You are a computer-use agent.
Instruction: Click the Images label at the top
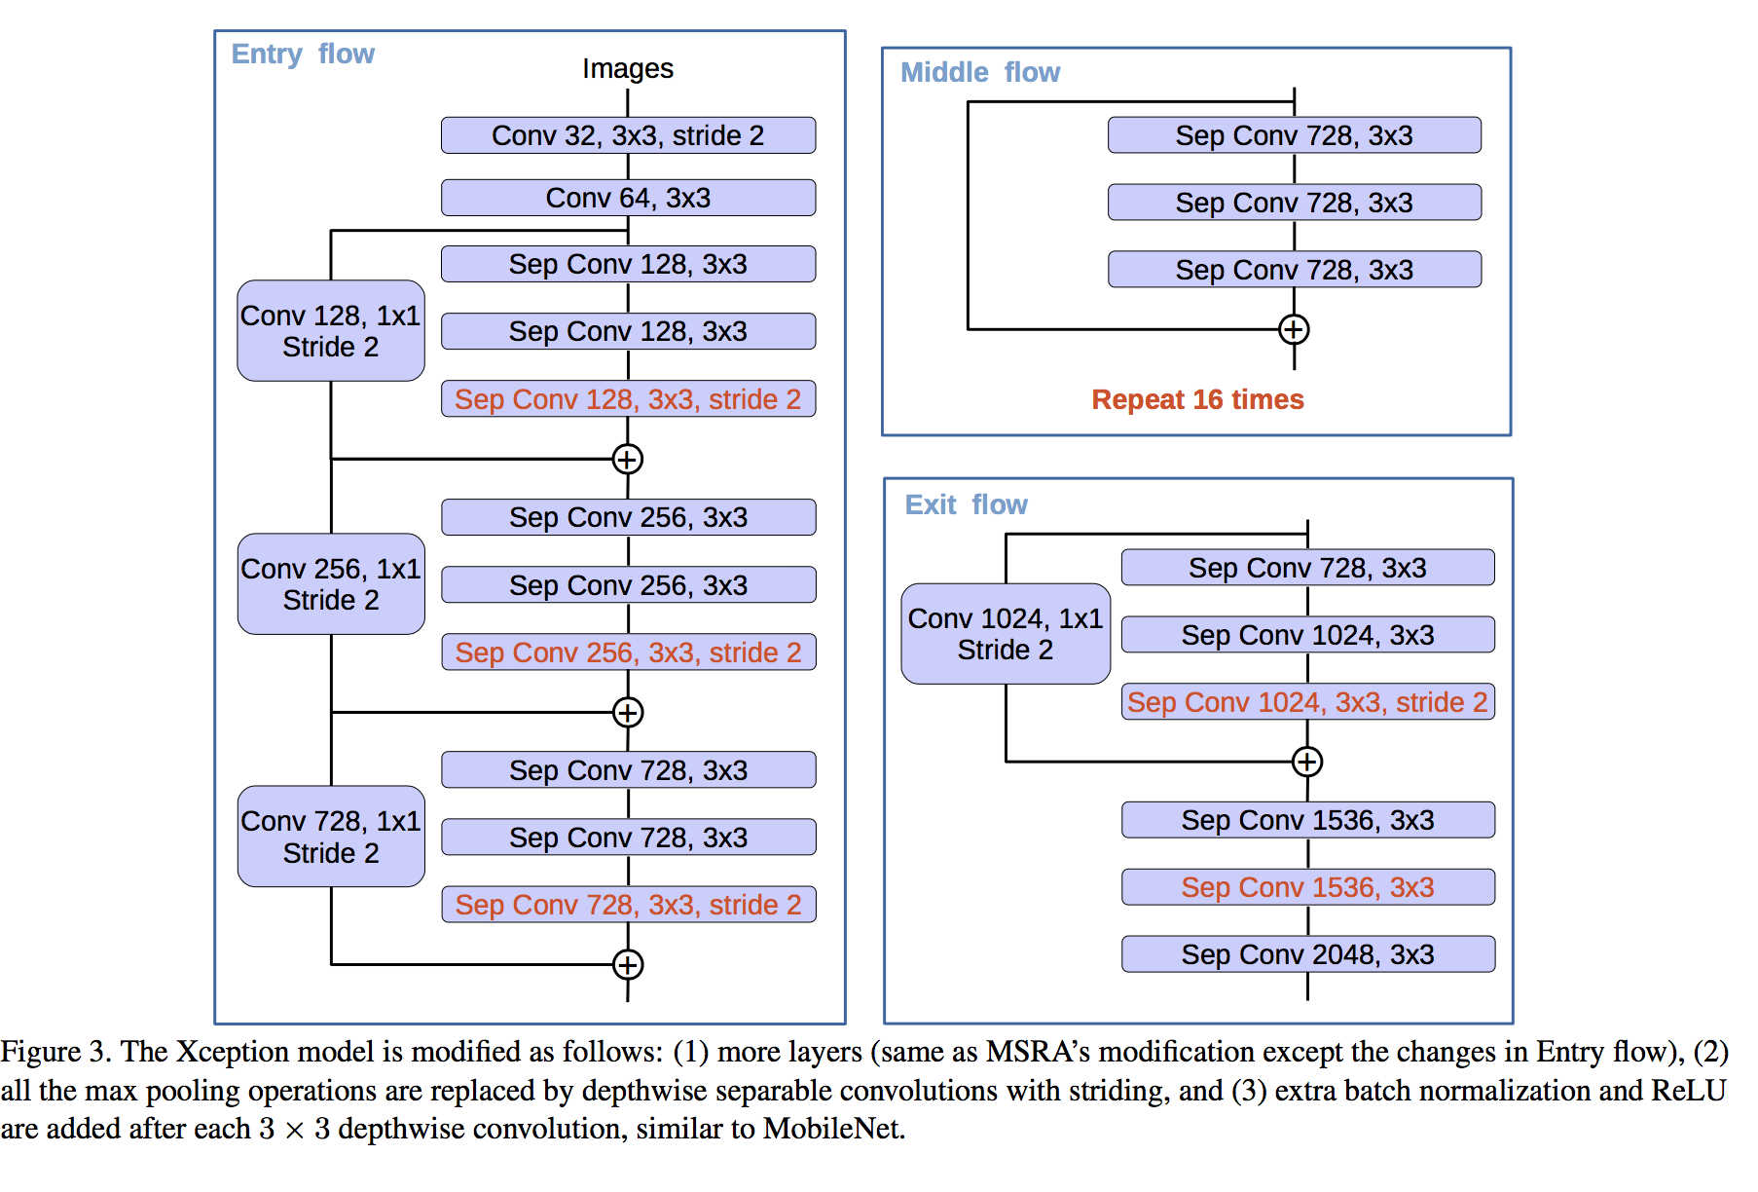click(x=628, y=68)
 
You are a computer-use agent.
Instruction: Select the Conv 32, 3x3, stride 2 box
click(x=628, y=135)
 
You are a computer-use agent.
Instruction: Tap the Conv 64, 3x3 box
click(x=628, y=198)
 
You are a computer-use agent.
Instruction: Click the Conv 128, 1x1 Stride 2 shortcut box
click(x=331, y=331)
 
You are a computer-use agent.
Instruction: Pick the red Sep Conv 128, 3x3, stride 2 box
click(x=628, y=399)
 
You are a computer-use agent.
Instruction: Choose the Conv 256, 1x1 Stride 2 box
click(x=331, y=584)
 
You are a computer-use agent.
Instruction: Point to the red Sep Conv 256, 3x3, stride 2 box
click(x=628, y=652)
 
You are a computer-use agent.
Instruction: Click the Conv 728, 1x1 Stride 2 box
click(x=331, y=837)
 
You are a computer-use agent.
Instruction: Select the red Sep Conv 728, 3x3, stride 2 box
click(x=628, y=905)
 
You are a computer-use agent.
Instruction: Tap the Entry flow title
click(x=303, y=54)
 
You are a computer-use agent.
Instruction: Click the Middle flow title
click(x=980, y=72)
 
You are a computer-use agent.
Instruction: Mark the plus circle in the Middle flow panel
click(x=1294, y=329)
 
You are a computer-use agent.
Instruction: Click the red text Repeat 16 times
click(x=1197, y=399)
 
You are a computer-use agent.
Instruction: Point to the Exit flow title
click(x=967, y=504)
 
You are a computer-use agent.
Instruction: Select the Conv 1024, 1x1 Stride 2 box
click(x=1006, y=634)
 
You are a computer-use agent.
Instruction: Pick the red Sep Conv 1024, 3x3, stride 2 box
click(x=1307, y=702)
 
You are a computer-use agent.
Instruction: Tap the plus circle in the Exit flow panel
click(x=1307, y=762)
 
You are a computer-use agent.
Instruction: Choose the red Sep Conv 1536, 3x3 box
click(x=1307, y=887)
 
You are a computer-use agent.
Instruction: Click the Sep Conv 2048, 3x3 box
click(x=1307, y=954)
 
